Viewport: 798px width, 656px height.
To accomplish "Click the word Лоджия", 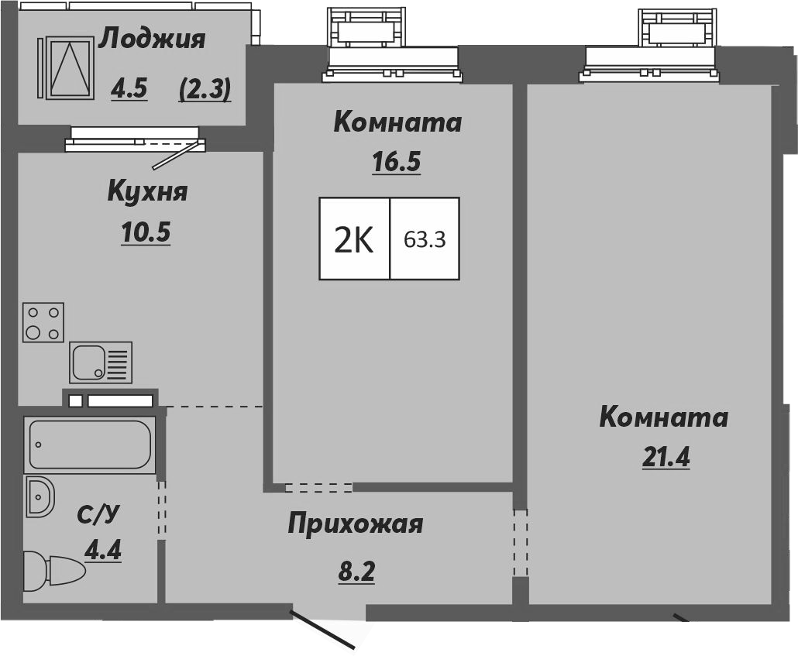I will click(153, 39).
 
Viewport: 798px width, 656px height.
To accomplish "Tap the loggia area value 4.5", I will click(129, 90).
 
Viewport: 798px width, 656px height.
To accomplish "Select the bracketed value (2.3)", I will click(205, 90).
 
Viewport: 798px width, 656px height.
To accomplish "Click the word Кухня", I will click(147, 191).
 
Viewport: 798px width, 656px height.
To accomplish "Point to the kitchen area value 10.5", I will click(145, 232).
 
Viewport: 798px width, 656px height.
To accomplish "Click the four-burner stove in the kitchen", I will click(43, 323).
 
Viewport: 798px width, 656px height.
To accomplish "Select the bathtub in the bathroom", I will click(89, 445).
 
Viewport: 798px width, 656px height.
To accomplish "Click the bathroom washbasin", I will click(40, 497).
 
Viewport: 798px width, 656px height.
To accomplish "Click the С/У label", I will click(98, 515).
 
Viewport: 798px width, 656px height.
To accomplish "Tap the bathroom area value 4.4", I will click(103, 551).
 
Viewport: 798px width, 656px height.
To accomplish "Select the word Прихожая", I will click(355, 524).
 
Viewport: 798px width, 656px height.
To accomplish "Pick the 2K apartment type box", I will click(354, 239).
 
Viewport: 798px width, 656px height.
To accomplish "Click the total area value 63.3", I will click(425, 239).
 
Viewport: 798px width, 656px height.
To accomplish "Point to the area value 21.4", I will click(666, 457).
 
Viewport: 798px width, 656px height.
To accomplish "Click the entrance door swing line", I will click(323, 629).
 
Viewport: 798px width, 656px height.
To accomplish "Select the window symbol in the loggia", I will click(69, 67).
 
